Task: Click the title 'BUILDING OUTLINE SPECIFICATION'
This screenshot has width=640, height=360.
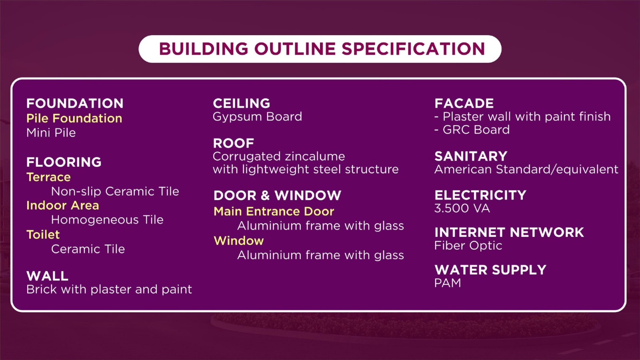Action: coord(322,48)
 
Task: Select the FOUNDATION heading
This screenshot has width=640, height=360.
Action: coord(75,104)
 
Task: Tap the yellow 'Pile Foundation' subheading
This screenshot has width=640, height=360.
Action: coord(74,118)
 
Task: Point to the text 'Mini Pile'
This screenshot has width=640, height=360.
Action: coord(51,133)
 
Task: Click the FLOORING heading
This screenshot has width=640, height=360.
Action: coord(64,162)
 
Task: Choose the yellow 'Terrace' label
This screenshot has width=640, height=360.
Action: coord(48,177)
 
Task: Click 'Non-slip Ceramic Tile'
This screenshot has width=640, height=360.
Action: coord(115,192)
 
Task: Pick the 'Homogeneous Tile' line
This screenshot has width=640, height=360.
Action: coord(107,220)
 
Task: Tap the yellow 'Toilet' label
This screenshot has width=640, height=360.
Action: coord(43,234)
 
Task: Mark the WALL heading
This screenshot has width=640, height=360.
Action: coord(48,276)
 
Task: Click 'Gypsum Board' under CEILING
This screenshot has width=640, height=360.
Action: coord(258,117)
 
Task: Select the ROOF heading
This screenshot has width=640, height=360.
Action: coord(234,143)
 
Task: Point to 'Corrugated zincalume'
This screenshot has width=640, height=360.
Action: coord(279,156)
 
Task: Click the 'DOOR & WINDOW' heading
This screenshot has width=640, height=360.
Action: coord(278,196)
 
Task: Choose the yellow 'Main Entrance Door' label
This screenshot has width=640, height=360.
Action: coord(274,212)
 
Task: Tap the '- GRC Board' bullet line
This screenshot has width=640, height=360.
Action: coord(472,130)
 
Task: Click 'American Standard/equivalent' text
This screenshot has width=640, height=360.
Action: coord(526,170)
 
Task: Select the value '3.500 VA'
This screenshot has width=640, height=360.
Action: coord(462,208)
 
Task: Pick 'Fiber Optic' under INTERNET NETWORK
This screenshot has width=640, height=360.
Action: coord(468,246)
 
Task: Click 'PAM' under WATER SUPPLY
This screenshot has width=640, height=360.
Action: coord(448,283)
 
